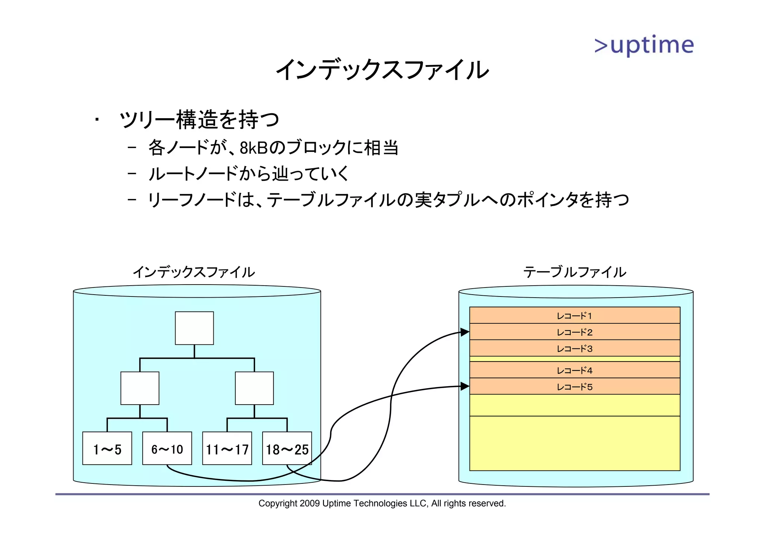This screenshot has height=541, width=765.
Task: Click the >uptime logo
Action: (x=644, y=46)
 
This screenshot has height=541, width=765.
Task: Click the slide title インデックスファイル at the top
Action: (x=382, y=70)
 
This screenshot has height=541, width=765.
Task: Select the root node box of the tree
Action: (x=194, y=328)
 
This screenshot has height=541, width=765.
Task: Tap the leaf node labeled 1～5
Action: (x=107, y=448)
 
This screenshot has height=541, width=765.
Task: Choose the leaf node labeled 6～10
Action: (x=167, y=448)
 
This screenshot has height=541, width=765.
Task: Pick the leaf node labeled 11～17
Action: (x=227, y=448)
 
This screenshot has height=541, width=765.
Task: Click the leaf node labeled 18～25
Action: (x=287, y=448)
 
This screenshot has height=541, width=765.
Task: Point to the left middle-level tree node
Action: (x=140, y=388)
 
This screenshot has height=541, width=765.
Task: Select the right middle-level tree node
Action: (x=254, y=388)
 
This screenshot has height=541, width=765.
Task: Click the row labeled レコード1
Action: (x=574, y=316)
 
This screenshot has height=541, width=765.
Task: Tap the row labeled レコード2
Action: (x=574, y=332)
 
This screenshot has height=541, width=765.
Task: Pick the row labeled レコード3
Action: (x=574, y=348)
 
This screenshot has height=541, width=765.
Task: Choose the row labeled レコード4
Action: (x=574, y=370)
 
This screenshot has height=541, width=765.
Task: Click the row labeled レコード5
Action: (x=574, y=387)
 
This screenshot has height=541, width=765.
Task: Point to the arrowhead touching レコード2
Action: (x=465, y=332)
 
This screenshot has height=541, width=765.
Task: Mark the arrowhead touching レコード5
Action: (x=465, y=386)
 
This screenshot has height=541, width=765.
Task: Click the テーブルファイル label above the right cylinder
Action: (x=574, y=272)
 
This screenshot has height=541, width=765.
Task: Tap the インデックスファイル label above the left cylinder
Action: (x=194, y=272)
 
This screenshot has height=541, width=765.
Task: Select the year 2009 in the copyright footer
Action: (x=309, y=503)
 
